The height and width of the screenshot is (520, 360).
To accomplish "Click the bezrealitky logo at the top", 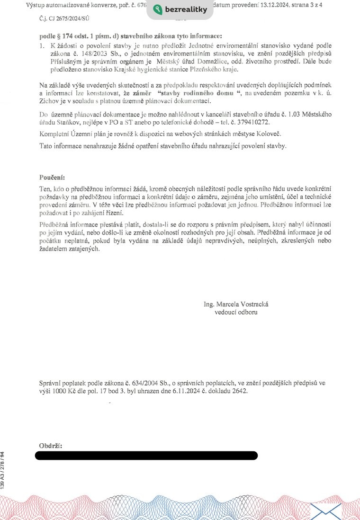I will click(180, 10).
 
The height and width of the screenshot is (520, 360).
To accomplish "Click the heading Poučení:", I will click(52, 177).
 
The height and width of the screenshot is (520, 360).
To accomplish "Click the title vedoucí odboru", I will click(236, 312).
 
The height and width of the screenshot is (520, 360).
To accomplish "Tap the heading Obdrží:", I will click(50, 446).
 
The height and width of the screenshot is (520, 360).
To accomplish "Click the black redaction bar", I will click(146, 456).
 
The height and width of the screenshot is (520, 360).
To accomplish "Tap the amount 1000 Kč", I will click(64, 391).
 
